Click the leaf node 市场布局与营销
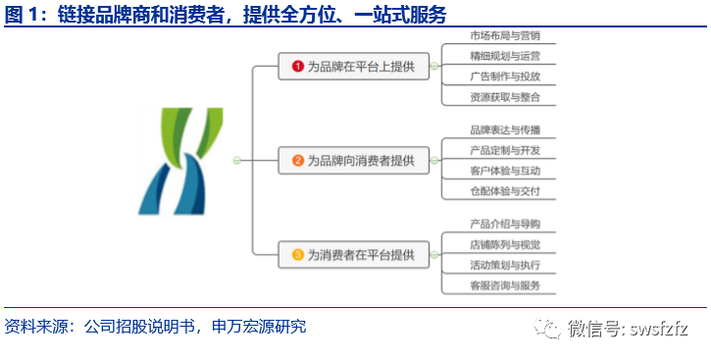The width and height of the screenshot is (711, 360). point(504,37)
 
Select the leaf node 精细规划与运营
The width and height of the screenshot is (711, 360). point(504,57)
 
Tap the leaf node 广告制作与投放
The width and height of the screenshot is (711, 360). point(504,77)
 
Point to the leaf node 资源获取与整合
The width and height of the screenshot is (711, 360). point(504,96)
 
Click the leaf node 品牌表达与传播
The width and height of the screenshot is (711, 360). point(504,130)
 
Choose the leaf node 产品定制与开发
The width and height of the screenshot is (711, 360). point(504,151)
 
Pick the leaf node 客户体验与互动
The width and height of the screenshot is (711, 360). point(504,171)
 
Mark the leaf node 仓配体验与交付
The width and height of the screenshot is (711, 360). point(504,190)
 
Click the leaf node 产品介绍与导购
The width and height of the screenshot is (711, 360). point(504,225)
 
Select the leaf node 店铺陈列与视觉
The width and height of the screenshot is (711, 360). point(504,244)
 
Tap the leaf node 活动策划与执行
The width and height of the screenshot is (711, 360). point(504,265)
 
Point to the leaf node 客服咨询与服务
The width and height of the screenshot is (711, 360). point(504,284)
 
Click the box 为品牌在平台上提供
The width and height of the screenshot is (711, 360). point(353,67)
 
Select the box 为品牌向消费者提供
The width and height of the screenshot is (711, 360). point(353,160)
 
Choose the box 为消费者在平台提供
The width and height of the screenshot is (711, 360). point(353,255)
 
